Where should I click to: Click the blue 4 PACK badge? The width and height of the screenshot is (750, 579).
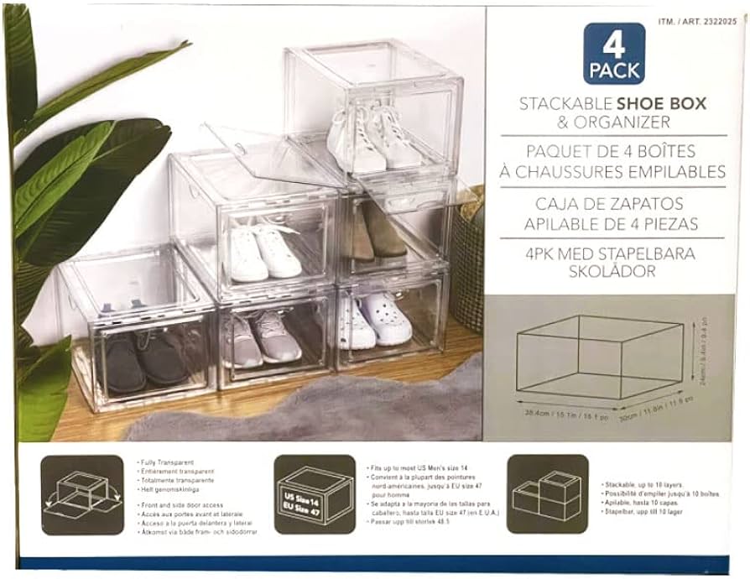(614, 54)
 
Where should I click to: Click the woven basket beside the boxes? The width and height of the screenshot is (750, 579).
(466, 252)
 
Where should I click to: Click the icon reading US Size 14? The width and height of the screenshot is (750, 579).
(314, 494)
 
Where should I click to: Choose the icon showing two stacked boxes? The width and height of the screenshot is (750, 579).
(547, 494)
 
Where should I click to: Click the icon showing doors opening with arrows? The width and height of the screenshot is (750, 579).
(81, 495)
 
